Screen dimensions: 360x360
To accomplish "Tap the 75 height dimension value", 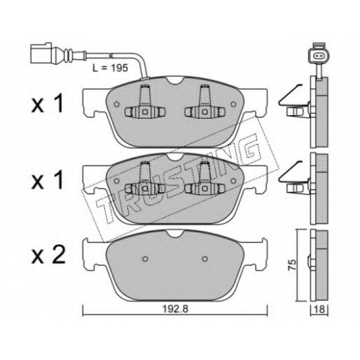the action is coord(292,265).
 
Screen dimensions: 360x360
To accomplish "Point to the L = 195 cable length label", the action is coord(110,68).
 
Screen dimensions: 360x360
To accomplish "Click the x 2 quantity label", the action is coord(48,255).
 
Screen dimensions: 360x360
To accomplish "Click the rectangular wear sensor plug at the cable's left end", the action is coord(41,53).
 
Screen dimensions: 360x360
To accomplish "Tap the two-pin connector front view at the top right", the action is coord(319,55).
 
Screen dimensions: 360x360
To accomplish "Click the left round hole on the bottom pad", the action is coord(145,258).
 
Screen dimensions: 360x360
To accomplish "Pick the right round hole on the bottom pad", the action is coord(204,258).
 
